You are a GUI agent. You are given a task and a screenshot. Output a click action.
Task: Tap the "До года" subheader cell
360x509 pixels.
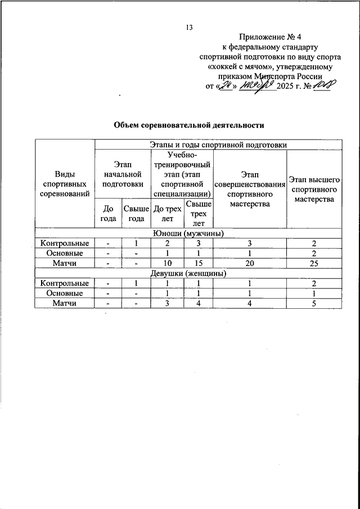pos(108,213)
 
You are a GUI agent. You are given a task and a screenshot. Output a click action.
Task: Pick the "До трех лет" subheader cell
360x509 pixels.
pos(168,213)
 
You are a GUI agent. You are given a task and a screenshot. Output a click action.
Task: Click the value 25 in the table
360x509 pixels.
pos(314,263)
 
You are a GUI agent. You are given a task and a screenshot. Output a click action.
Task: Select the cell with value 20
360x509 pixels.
pos(250,263)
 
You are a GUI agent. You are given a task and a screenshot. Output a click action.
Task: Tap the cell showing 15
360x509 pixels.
pos(199,263)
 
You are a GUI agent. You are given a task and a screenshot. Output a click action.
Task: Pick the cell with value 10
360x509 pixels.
pos(168,263)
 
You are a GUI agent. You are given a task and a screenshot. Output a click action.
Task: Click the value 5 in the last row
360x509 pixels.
pos(314,303)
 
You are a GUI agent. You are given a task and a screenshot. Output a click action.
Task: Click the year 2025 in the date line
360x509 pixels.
pos(287,87)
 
